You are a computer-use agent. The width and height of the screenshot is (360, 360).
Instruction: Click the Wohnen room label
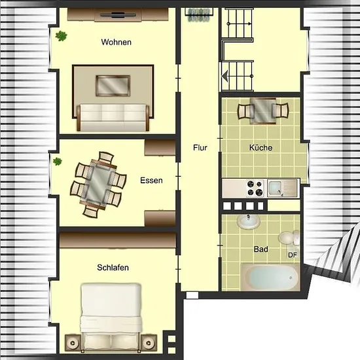(x=116, y=43)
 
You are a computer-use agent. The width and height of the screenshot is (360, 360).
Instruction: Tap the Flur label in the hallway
(x=200, y=148)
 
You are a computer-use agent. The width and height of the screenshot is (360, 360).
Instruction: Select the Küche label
(x=261, y=147)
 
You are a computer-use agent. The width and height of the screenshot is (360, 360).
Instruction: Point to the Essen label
(x=151, y=181)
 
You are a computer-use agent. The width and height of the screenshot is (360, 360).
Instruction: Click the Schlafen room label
(x=113, y=268)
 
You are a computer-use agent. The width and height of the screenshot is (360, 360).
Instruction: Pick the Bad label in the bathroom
(x=261, y=249)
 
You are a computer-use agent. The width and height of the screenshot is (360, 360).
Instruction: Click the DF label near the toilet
(x=293, y=255)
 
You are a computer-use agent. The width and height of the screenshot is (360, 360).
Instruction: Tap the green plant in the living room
(x=61, y=36)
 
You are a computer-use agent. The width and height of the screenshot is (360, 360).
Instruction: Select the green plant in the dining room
(x=57, y=162)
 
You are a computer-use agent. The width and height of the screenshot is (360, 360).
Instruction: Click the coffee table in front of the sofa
(x=113, y=86)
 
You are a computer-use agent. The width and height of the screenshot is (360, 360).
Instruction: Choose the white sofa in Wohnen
(x=113, y=118)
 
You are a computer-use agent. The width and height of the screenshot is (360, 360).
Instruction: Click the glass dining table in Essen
(x=98, y=184)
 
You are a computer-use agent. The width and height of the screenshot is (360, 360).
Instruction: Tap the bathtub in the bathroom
(x=270, y=278)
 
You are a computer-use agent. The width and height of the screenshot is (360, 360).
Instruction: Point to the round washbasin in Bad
(x=249, y=221)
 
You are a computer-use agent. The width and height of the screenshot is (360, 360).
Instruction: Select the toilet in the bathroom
(x=289, y=238)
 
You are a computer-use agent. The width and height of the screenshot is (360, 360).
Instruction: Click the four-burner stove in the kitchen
(x=255, y=189)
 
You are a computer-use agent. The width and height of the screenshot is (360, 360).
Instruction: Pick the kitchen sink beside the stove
(x=282, y=189)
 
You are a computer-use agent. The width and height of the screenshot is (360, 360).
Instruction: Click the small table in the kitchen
(x=263, y=111)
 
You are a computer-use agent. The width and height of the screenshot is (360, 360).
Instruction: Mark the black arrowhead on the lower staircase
(x=225, y=76)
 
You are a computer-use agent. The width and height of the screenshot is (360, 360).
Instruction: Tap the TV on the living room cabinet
(x=118, y=16)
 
